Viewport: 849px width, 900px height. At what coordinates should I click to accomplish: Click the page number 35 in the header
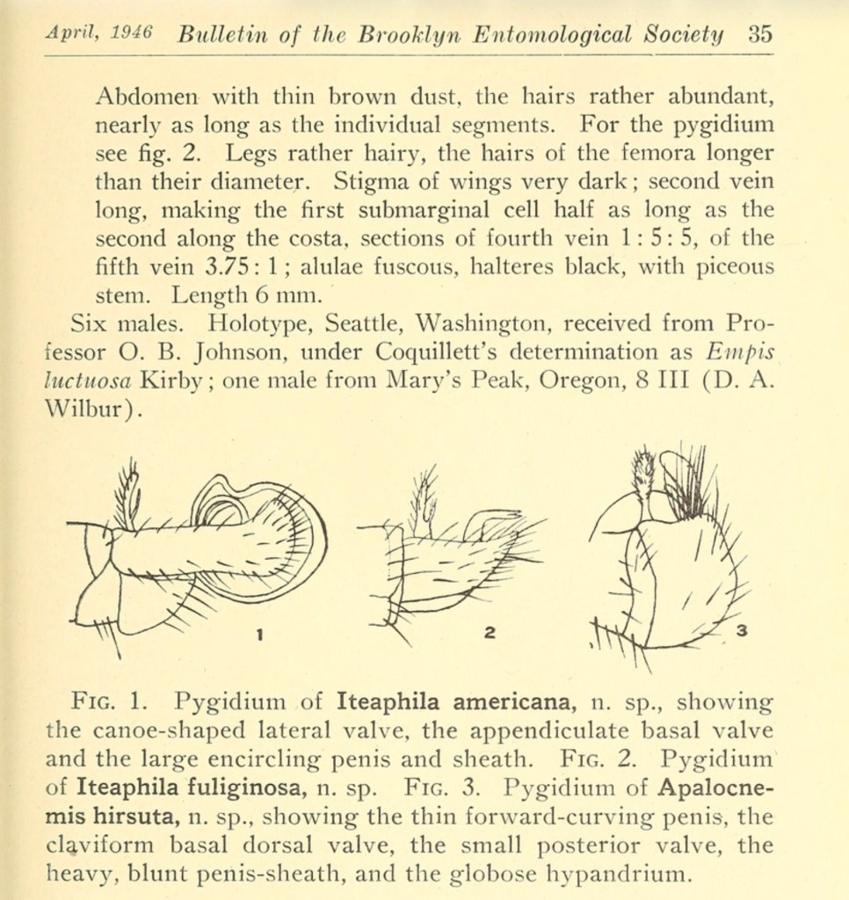coord(760,34)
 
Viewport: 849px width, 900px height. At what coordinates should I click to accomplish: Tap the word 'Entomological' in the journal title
coord(552,34)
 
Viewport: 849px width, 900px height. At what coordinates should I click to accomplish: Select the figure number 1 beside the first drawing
coord(261,632)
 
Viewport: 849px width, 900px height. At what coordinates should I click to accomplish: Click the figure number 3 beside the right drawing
coord(741,630)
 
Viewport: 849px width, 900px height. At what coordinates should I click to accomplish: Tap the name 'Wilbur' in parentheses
coord(84,409)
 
